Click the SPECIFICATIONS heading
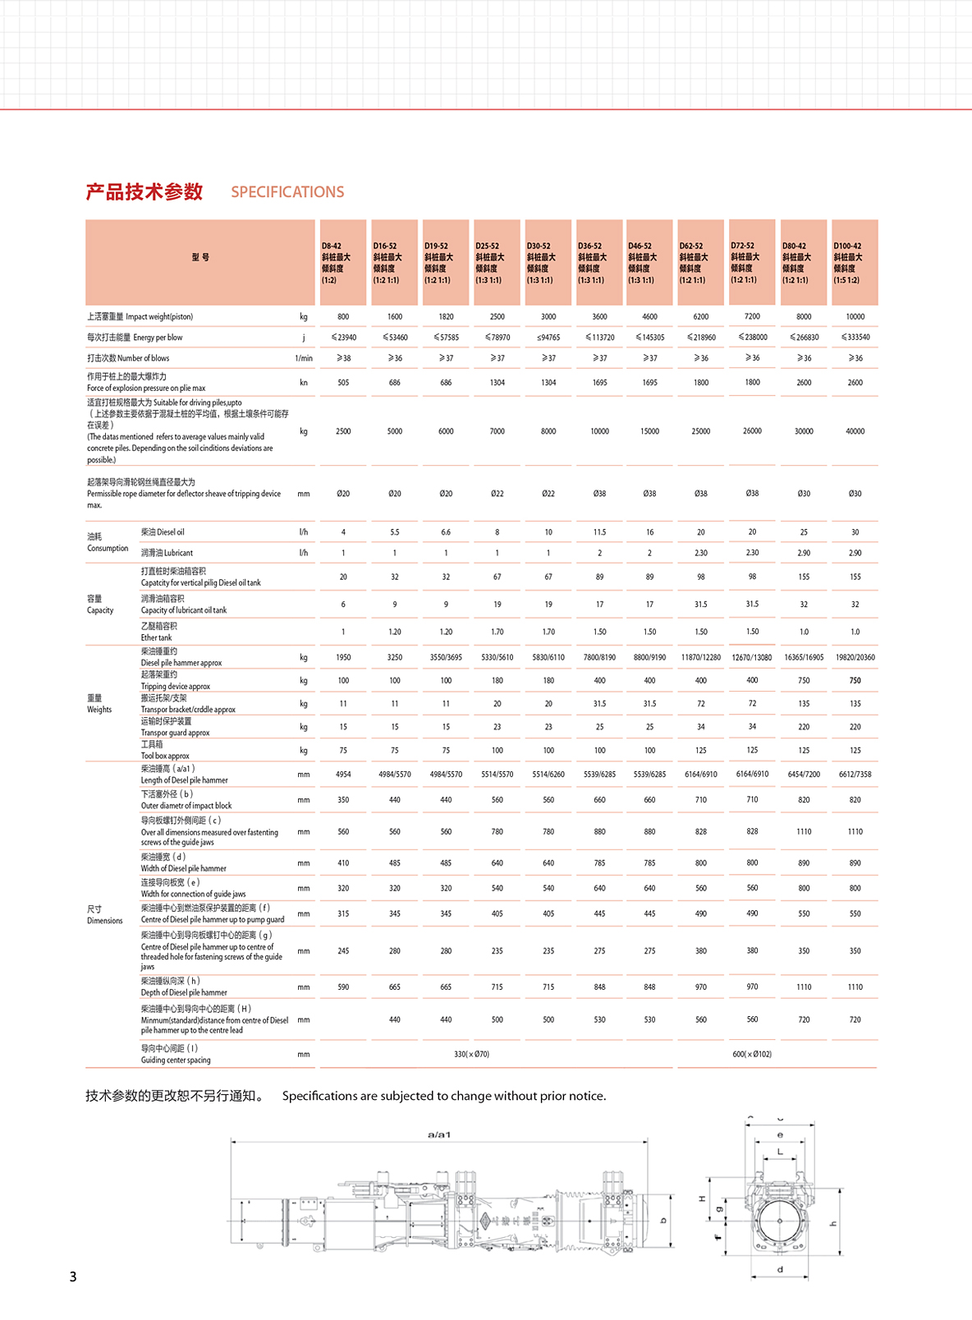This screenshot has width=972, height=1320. tap(287, 192)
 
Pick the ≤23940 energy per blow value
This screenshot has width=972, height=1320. tap(343, 338)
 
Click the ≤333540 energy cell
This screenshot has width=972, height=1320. tap(855, 338)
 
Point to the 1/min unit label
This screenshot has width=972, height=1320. tap(304, 358)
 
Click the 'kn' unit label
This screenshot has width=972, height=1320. tap(304, 383)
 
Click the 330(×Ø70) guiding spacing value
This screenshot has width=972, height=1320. tap(471, 1054)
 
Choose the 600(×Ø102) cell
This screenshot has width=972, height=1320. tap(752, 1054)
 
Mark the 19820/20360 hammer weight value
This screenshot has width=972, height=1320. tap(855, 657)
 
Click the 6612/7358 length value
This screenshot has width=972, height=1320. tap(855, 775)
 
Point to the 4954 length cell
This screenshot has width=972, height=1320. tap(343, 775)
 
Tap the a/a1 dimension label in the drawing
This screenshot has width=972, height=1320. tap(439, 1134)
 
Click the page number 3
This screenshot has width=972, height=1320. tap(73, 1276)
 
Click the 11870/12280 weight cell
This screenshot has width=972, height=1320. tap(700, 657)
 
